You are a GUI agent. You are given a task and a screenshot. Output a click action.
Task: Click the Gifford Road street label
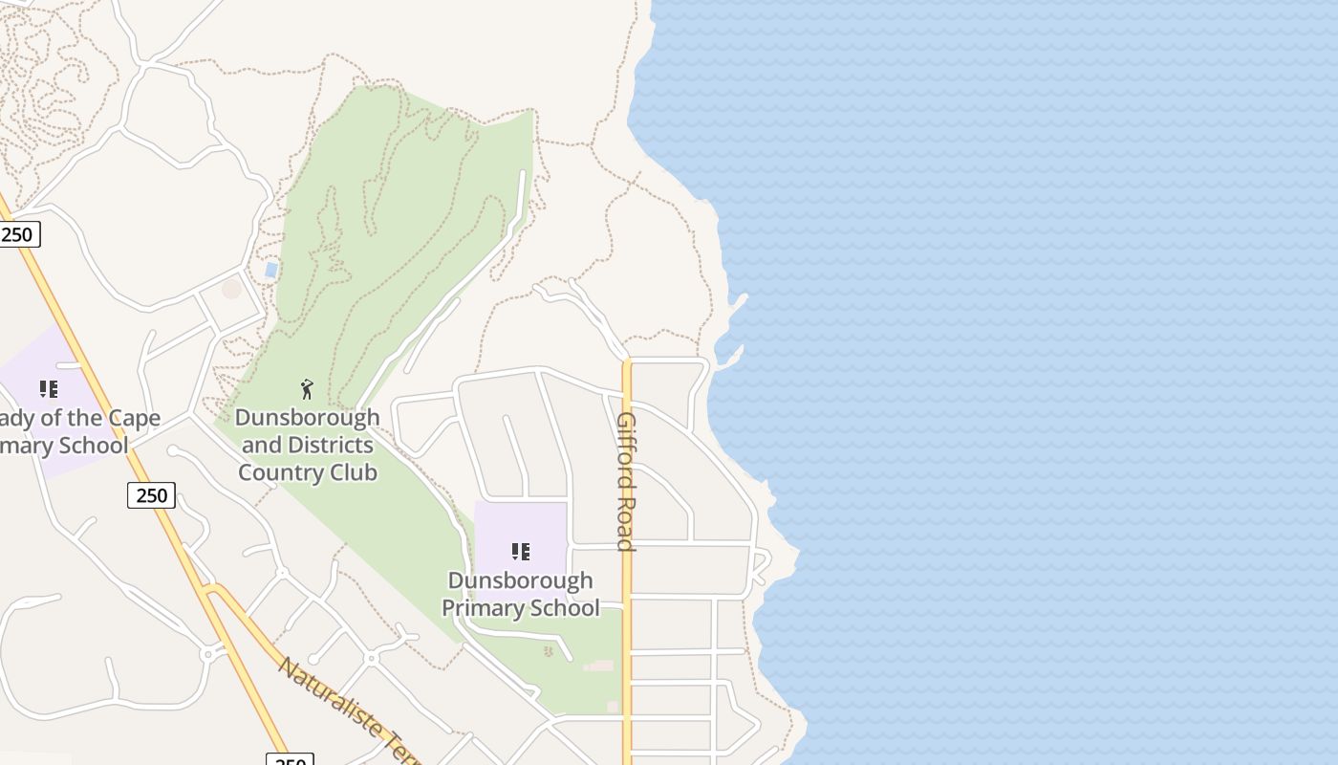[x=626, y=482]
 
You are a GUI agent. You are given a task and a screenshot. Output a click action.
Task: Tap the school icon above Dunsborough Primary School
[x=521, y=552]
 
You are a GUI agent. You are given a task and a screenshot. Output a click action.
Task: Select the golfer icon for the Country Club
[x=307, y=389]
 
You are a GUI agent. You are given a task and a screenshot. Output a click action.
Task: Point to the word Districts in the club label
[x=330, y=445]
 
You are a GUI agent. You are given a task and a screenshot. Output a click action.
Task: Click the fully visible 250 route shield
[x=151, y=495]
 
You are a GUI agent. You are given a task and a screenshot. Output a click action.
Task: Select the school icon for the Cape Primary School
[x=49, y=389]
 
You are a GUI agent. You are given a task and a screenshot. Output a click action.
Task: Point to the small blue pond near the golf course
[x=271, y=271]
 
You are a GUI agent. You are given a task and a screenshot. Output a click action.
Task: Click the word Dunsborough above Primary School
[x=521, y=580]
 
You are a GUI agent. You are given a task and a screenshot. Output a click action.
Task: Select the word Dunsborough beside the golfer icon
[x=307, y=418]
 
